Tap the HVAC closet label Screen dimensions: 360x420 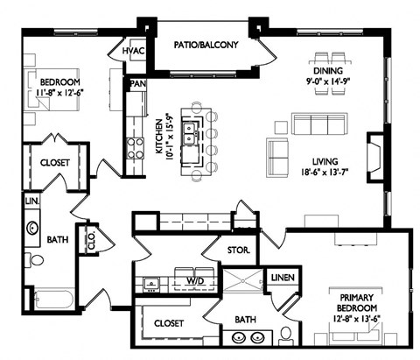pos(133,53)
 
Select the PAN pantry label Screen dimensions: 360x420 pos(136,84)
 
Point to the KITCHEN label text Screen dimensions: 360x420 pos(160,137)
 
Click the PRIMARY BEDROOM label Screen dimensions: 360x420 pos(357,302)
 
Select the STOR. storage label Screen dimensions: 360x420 pos(239,251)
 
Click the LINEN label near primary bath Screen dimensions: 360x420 pos(283,279)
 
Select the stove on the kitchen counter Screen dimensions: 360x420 pos(136,149)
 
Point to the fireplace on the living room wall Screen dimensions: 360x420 pos(374,157)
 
